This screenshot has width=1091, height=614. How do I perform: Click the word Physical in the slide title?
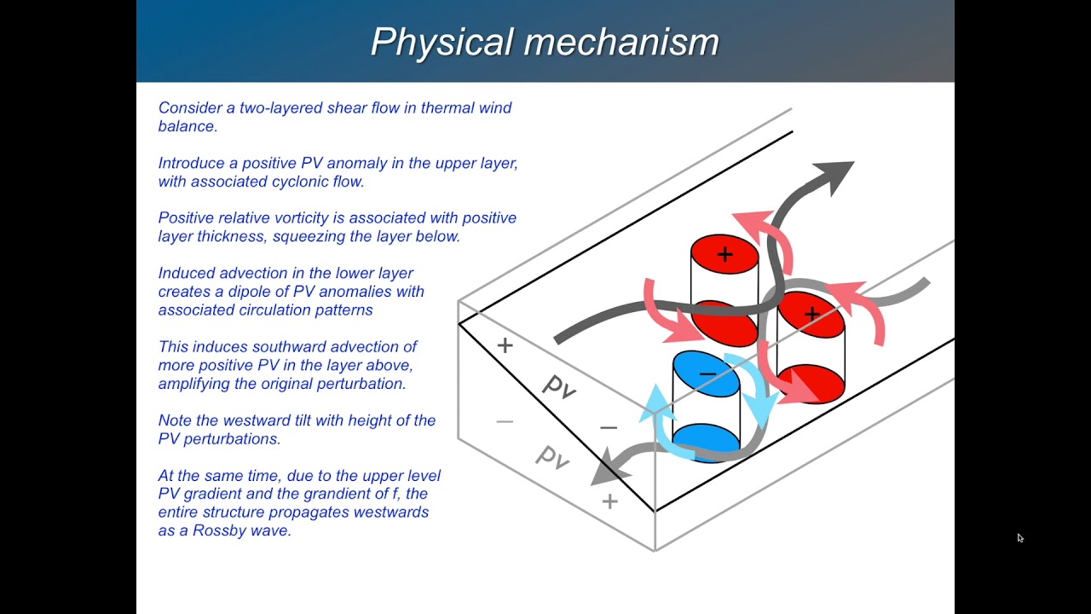click(x=442, y=42)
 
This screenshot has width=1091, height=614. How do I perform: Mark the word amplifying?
click(x=198, y=384)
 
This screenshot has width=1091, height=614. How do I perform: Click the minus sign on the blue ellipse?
click(x=707, y=374)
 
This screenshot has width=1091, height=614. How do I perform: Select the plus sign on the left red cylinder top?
click(x=724, y=254)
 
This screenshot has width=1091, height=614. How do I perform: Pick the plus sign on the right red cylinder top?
click(x=811, y=314)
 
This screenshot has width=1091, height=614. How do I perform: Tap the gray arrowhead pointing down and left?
click(x=607, y=467)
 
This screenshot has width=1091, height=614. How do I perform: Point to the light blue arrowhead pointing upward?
click(x=655, y=398)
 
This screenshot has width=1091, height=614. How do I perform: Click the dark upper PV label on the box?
click(x=559, y=387)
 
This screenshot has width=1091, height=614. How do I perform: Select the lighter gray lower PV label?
click(x=552, y=458)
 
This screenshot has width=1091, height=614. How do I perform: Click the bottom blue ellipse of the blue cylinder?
click(x=706, y=440)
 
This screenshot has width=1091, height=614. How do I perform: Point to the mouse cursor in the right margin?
click(x=1019, y=538)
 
